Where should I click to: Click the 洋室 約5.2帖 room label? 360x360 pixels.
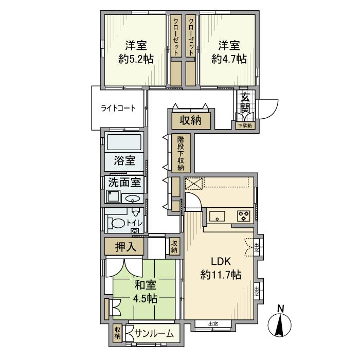pos(136,51)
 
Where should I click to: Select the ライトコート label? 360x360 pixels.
pos(118,108)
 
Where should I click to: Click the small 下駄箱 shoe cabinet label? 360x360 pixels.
pos(245,125)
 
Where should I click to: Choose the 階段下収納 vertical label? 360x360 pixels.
pos(181,153)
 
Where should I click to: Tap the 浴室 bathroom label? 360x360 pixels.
pos(125,160)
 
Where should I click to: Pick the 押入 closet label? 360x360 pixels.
pos(125,247)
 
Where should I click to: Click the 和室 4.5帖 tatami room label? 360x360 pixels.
pos(146,292)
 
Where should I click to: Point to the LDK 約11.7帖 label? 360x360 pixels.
pos(221,267)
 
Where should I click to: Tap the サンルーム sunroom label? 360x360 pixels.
pos(154,334)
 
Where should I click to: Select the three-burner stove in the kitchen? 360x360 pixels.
pos(243,216)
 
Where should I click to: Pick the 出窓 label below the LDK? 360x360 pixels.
pos(213,324)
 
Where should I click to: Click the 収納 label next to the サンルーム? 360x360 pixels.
pos(118,333)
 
